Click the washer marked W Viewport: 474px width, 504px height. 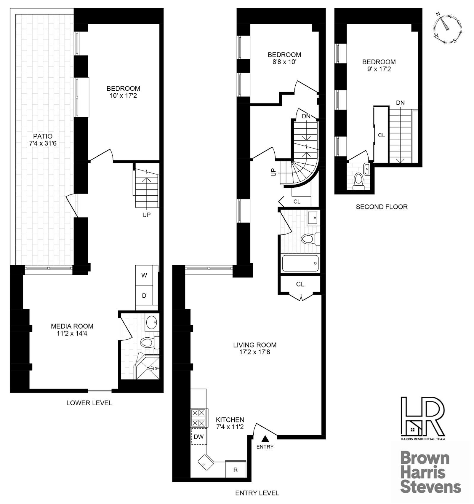(x=144, y=275)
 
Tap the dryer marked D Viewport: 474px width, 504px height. (x=144, y=296)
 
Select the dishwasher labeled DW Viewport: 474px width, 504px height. (x=199, y=436)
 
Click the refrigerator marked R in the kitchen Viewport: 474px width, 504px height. (x=236, y=470)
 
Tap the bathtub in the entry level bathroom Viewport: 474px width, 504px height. (x=300, y=263)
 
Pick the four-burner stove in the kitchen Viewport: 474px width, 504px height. (x=198, y=417)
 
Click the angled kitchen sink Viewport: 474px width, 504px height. (x=206, y=462)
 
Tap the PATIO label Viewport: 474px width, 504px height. (x=43, y=136)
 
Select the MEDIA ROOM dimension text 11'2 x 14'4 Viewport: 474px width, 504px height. (x=72, y=333)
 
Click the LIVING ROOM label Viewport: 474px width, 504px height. (x=254, y=345)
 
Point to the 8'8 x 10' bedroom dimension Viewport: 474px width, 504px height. (x=284, y=62)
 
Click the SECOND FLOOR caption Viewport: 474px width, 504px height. (x=382, y=207)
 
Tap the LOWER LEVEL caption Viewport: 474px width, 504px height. (x=89, y=403)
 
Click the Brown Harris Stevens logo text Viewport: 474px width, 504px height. (x=430, y=473)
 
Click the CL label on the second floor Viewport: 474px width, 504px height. (x=381, y=135)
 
